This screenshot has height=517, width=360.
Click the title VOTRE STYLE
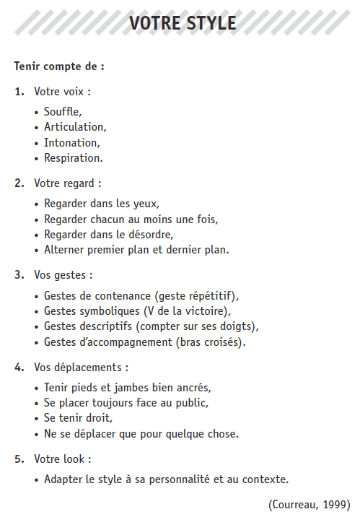coord(182,23)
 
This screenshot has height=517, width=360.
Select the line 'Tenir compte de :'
coord(59,66)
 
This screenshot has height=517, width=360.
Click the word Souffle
coord(62,112)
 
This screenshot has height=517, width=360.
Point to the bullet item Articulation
coord(74,127)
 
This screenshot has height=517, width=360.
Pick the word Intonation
coord(71,142)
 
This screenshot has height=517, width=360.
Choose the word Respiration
coord(72,157)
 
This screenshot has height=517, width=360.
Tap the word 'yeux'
coord(145,204)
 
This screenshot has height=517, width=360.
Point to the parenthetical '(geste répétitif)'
coord(196,296)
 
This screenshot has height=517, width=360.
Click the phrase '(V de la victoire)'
coord(187,311)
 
